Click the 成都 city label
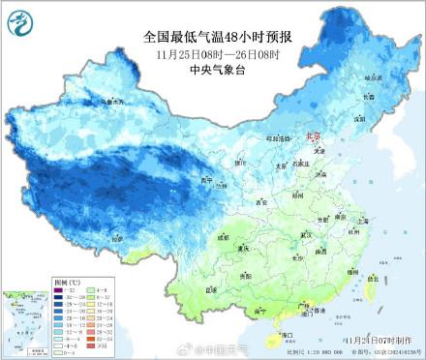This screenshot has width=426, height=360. click(226, 235)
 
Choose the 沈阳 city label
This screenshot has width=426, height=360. click(358, 118)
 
